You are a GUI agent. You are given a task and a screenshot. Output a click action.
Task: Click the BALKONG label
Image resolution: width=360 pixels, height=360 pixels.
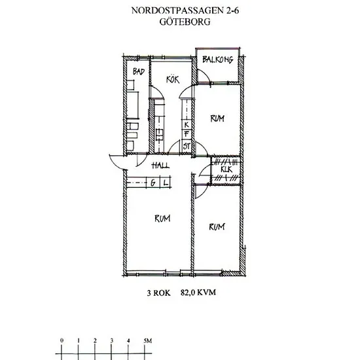[218, 60]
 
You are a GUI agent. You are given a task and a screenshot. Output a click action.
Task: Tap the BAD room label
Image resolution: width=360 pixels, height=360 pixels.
[139, 71]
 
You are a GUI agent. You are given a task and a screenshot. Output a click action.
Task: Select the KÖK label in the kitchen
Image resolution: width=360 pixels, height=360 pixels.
[173, 79]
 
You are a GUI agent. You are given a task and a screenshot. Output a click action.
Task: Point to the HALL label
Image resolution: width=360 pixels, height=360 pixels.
[161, 165]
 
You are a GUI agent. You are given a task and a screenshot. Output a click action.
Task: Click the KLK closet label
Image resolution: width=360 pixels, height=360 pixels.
[226, 170]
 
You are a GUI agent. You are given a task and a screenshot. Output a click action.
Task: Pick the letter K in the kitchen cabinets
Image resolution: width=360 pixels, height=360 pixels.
[187, 124]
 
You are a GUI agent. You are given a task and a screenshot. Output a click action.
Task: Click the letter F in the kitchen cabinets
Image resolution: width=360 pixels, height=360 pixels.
[187, 134]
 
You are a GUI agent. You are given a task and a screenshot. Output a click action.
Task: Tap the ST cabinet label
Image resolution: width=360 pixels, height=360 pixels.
[187, 146]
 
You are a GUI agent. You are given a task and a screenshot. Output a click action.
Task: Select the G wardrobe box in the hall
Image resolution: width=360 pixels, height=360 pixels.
[153, 183]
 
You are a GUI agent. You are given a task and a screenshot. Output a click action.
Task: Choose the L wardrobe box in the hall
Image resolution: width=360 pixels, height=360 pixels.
[166, 183]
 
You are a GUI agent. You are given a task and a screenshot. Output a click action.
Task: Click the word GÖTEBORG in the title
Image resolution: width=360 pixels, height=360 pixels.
[185, 22]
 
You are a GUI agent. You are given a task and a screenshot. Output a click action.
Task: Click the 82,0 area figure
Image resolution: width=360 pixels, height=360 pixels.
[188, 293]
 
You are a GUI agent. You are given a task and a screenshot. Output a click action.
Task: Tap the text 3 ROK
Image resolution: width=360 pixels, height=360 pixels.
[158, 293]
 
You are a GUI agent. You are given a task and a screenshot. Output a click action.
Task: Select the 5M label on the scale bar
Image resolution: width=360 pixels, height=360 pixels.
[148, 341]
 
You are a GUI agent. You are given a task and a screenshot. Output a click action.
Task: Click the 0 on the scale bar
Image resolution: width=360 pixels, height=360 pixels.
[62, 340]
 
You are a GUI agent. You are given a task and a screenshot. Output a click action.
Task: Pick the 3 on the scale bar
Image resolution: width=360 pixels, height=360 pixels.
[111, 340]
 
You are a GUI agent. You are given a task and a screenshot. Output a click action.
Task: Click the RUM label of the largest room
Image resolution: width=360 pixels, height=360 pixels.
[162, 219]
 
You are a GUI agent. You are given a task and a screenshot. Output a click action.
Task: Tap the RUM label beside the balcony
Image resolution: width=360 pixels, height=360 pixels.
[217, 118]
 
